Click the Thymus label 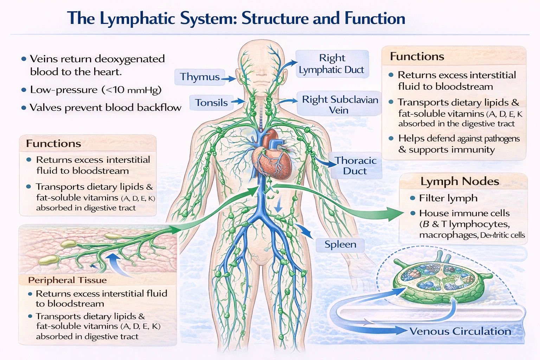(200, 77)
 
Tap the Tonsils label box (211, 103)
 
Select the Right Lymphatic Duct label (332, 64)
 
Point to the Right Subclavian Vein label (340, 104)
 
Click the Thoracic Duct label (355, 166)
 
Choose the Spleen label (340, 244)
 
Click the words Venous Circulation (460, 331)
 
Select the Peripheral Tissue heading (67, 280)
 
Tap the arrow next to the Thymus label (229, 79)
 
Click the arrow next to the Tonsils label (238, 102)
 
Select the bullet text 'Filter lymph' (448, 198)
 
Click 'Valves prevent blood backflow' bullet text (105, 108)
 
